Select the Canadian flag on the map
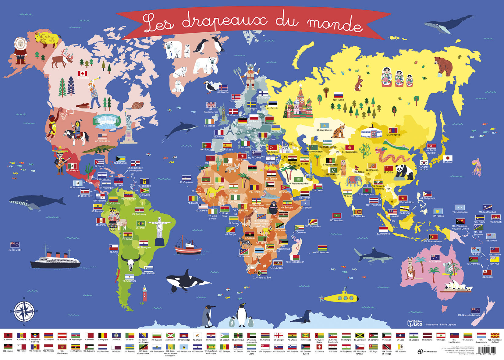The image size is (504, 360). tap(83, 73)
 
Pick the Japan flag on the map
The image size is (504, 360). tap(448, 158)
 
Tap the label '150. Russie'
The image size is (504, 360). tap(338, 100)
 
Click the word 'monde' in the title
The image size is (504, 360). tap(334, 24)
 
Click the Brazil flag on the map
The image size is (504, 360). tap(140, 223)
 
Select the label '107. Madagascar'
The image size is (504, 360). tap(295, 262)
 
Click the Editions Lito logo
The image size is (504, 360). tap(415, 323)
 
